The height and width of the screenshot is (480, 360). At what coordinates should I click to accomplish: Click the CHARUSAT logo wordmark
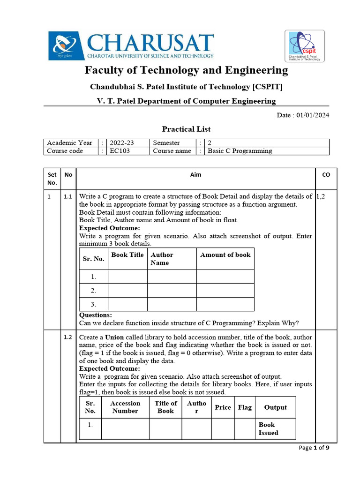point(149,43)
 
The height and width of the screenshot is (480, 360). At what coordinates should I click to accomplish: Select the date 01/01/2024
point(313,116)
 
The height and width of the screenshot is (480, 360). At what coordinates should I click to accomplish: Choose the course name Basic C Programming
point(240,151)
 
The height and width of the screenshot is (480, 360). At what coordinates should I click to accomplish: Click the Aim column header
point(195,175)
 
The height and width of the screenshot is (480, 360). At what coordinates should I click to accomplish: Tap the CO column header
point(326,175)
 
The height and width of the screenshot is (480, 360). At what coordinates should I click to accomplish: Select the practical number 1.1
point(68,197)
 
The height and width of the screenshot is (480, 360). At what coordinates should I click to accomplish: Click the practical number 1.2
point(68,337)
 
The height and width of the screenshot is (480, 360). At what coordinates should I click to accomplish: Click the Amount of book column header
point(225,255)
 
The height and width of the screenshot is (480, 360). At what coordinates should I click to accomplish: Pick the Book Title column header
point(127,255)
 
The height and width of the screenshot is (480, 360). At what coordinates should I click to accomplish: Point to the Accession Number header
point(125,407)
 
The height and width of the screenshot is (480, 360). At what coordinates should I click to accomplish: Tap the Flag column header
point(245,407)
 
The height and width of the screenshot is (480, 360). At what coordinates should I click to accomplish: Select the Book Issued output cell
point(268,429)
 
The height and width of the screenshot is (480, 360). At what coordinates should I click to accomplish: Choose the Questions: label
point(96,315)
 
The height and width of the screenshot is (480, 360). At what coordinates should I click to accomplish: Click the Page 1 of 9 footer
point(314,448)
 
